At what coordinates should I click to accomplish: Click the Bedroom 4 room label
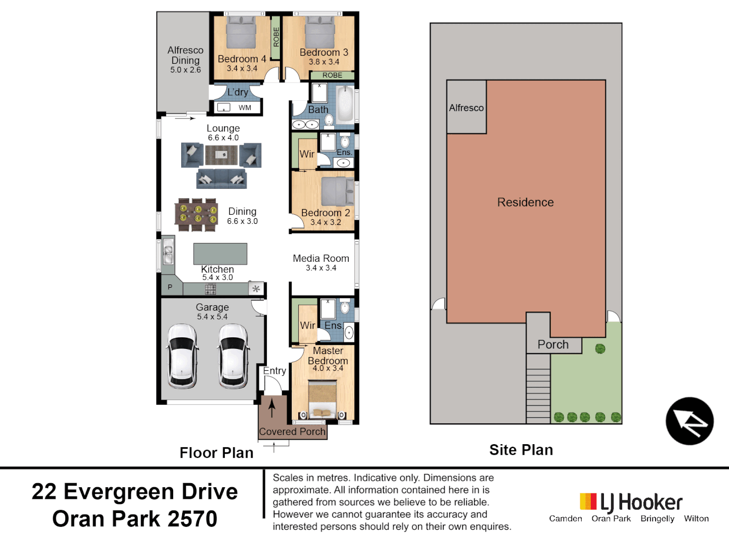(x=241, y=59)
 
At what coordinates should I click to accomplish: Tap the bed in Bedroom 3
(x=320, y=32)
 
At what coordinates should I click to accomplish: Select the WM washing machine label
(x=245, y=107)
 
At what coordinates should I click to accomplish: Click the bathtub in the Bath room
(x=345, y=103)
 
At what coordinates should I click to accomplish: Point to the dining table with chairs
(x=196, y=215)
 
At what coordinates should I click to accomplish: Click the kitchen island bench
(x=220, y=254)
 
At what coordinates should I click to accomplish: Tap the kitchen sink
(x=168, y=252)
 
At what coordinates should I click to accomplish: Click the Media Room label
(x=321, y=258)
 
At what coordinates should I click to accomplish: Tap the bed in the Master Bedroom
(x=322, y=399)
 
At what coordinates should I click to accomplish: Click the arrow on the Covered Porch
(x=272, y=408)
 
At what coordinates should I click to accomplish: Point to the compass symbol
(x=690, y=421)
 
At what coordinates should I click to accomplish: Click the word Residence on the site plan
(x=525, y=202)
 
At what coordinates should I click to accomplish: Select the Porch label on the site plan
(x=553, y=344)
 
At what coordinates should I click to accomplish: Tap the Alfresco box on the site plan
(x=466, y=107)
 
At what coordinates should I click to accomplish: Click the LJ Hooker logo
(x=631, y=502)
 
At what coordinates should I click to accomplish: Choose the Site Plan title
(x=521, y=450)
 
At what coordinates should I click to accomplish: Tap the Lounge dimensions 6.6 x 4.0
(x=223, y=138)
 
